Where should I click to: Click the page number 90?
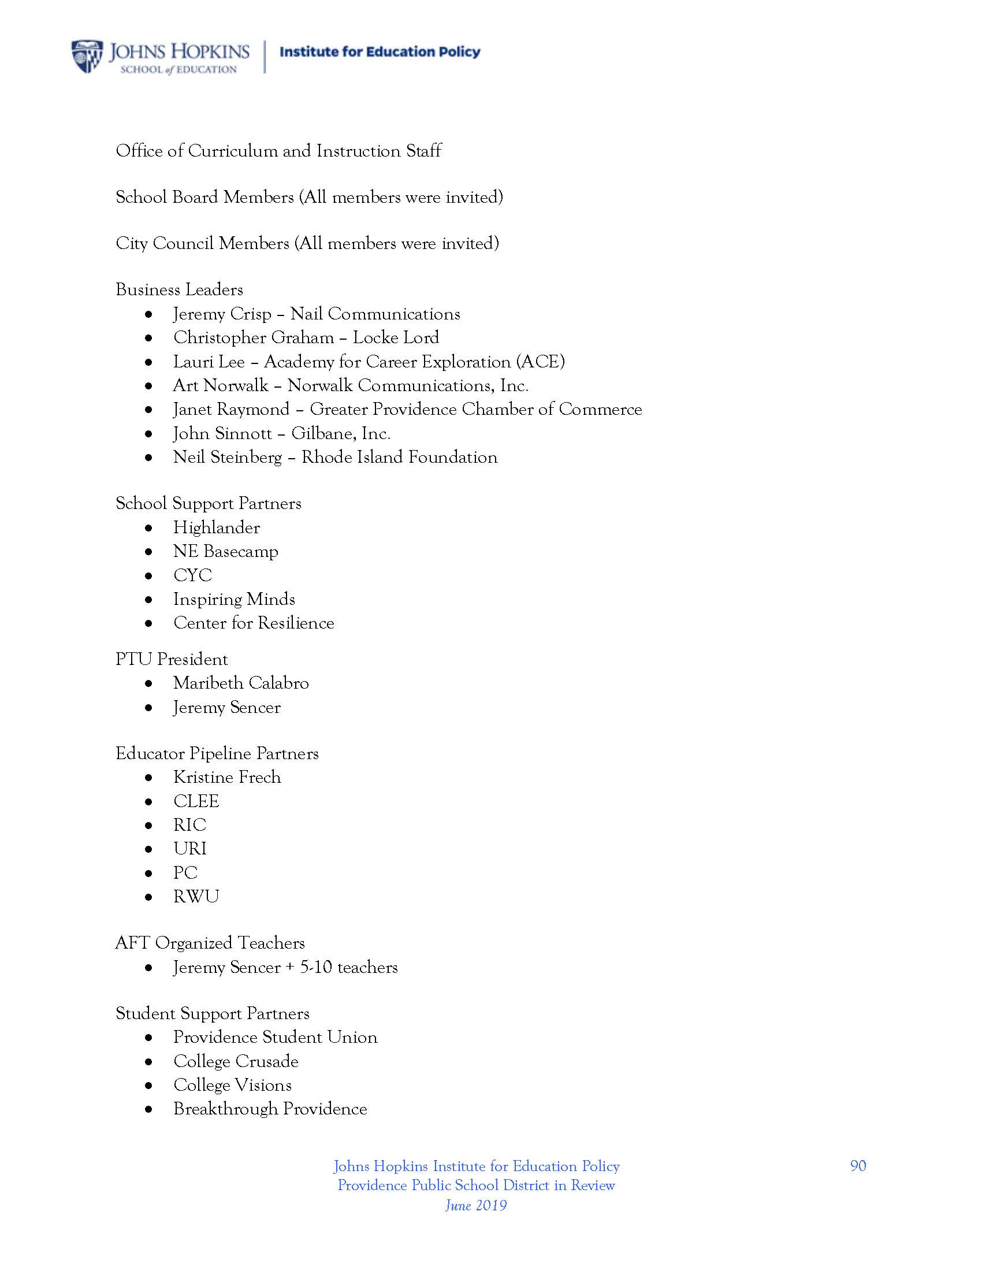click(857, 1166)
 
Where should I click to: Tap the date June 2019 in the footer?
click(476, 1205)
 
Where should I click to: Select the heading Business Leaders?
click(179, 289)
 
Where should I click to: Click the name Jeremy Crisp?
click(222, 314)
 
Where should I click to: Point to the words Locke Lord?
click(396, 337)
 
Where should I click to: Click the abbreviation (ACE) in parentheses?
click(541, 362)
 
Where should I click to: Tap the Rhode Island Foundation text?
click(399, 457)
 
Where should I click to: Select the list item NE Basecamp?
click(226, 551)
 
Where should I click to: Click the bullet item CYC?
click(192, 575)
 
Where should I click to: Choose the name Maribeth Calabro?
click(241, 683)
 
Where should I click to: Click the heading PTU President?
click(172, 659)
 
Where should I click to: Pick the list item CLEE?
click(196, 801)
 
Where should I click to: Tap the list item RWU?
click(196, 896)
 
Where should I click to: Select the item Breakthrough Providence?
click(270, 1109)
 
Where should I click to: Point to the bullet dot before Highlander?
click(150, 528)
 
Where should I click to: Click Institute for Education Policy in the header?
click(380, 52)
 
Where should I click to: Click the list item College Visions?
click(233, 1085)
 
